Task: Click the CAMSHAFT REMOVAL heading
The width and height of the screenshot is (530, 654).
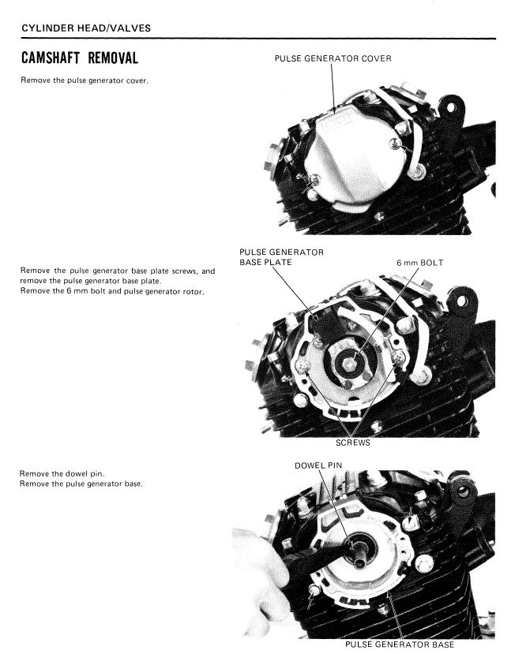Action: [80, 58]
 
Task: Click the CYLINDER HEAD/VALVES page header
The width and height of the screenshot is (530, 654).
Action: [86, 28]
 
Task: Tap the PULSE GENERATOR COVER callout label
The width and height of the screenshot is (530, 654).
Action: [333, 59]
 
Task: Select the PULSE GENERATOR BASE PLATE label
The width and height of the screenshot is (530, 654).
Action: [281, 257]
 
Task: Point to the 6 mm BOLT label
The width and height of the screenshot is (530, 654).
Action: [419, 263]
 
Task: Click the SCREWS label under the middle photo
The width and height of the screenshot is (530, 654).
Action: [353, 443]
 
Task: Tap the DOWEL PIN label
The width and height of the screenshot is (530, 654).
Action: [318, 465]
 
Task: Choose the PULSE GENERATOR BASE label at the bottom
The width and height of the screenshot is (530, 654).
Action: [399, 645]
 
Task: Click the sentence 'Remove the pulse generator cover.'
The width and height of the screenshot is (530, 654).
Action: [85, 80]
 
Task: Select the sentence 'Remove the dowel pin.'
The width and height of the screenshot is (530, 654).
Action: [62, 474]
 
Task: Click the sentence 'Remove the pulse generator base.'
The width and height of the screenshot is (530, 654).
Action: [81, 484]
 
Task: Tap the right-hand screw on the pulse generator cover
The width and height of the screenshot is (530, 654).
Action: [395, 144]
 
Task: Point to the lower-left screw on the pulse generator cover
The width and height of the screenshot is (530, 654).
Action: [314, 180]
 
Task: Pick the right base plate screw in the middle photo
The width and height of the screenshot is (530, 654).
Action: [399, 356]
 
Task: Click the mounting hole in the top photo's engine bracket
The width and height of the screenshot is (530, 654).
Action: [451, 107]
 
